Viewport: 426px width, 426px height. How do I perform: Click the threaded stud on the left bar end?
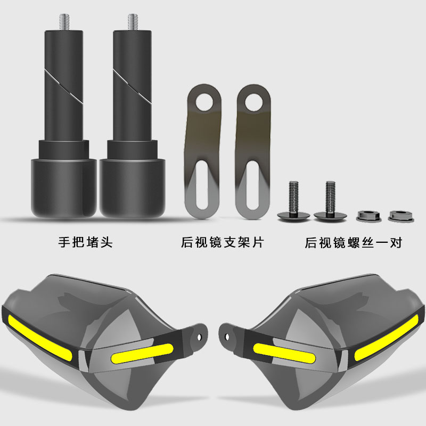coord(64,22)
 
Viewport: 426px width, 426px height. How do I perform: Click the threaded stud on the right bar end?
coord(133,22)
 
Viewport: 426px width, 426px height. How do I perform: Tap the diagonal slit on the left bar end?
coord(64,86)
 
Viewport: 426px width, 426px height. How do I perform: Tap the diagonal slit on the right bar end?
coord(132,86)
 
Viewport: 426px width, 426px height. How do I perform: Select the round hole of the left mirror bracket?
coord(205,102)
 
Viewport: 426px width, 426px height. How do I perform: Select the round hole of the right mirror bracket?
coord(254,102)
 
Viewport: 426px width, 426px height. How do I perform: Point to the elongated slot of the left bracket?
coord(202,185)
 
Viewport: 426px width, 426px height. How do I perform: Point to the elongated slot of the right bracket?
coord(252,185)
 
